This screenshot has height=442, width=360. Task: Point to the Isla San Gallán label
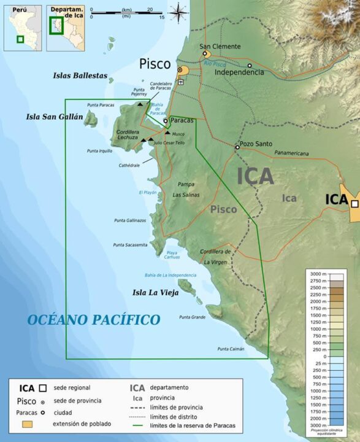point(54,117)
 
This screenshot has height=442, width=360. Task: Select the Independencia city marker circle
point(250,66)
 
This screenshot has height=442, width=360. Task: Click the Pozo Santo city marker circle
point(237,147)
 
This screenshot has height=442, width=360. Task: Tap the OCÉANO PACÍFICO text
point(93,320)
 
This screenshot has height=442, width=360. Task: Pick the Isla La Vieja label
point(155,293)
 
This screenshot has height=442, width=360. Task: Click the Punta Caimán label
point(231,349)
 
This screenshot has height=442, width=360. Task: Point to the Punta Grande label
point(192,317)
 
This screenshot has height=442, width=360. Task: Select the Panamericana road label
point(291,153)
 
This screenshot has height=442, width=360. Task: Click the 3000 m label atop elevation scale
point(318,273)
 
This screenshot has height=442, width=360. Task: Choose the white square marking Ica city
point(354,203)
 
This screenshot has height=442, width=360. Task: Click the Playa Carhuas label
point(172,255)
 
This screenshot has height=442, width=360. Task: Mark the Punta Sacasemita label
point(130,245)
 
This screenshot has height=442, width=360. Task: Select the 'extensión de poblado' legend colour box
point(28,424)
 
